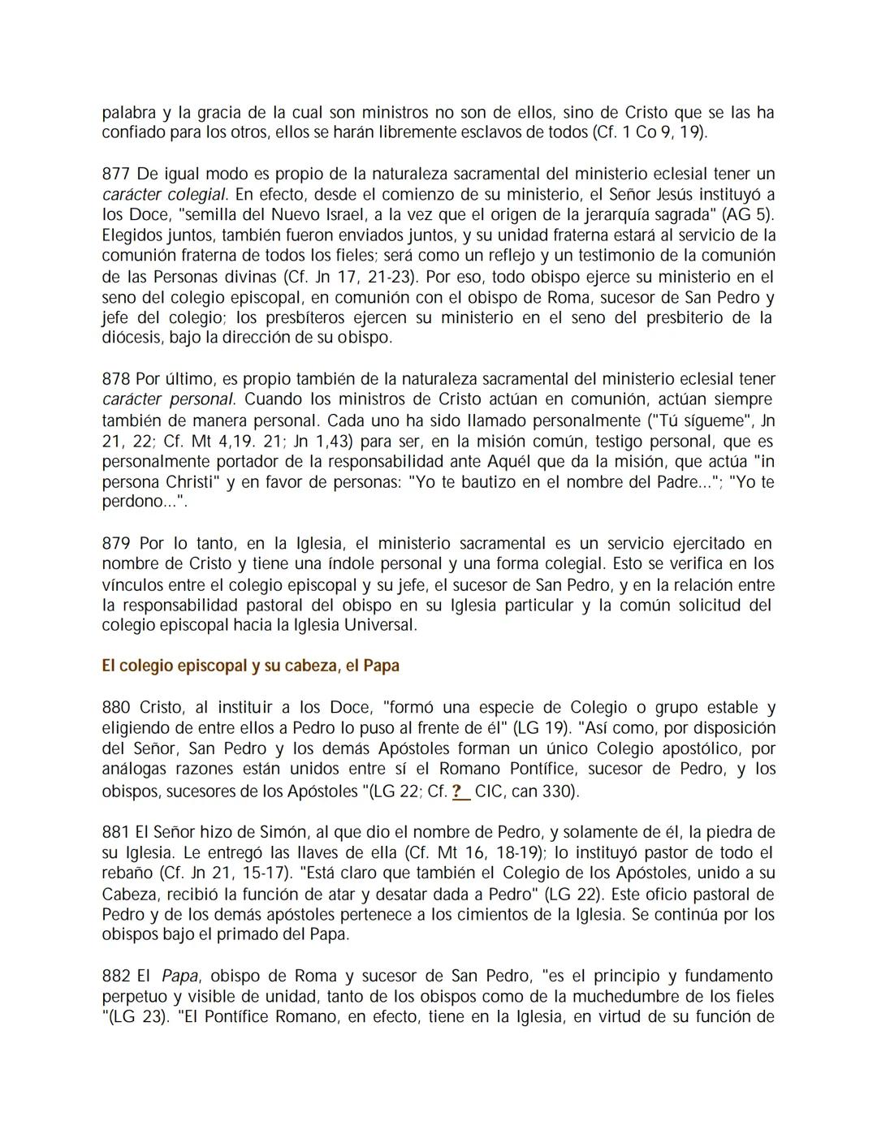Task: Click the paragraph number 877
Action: pos(115,175)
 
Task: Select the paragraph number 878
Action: pos(115,379)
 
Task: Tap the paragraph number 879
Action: pos(115,543)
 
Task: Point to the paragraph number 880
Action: pos(115,708)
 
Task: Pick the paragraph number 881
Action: pos(115,832)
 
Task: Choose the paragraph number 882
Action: pos(115,976)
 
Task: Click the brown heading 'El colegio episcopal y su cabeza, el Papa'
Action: pos(250,666)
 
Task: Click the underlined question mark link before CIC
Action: pos(460,791)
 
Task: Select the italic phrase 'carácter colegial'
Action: pos(164,195)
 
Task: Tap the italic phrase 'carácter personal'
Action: pos(168,399)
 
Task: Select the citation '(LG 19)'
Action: pos(537,728)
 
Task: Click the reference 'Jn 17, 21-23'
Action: pos(356,277)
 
